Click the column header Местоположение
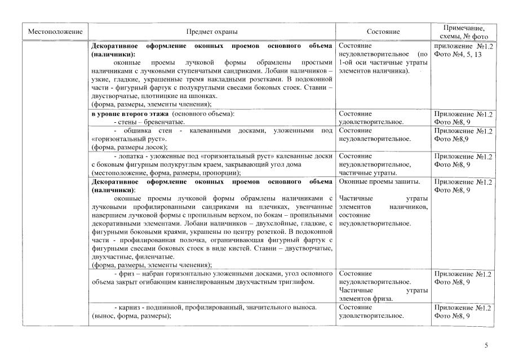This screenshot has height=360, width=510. click(x=55, y=32)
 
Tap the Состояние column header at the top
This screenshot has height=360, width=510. click(x=383, y=32)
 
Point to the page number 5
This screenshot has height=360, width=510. click(x=486, y=345)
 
